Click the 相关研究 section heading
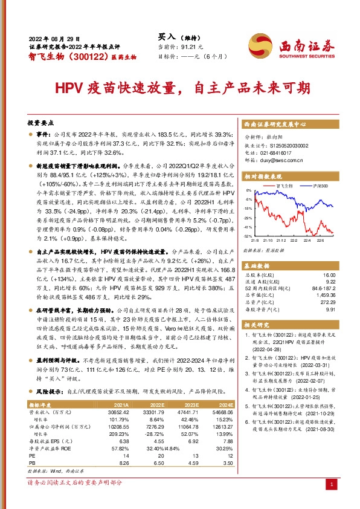(257, 325)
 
